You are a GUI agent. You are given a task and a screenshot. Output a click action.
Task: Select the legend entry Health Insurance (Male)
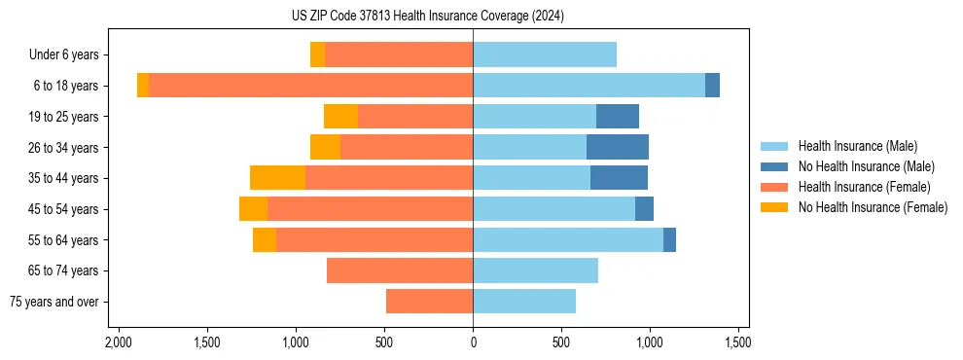point(857,146)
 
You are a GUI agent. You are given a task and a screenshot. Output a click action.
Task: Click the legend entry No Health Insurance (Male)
point(864,166)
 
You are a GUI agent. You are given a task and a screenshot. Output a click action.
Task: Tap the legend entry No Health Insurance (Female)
point(872,207)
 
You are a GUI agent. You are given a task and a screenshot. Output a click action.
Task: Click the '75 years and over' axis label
point(54,302)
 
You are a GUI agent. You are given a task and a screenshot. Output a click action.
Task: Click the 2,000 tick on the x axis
point(119,342)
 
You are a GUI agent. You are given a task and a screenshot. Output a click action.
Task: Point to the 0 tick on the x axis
point(473,342)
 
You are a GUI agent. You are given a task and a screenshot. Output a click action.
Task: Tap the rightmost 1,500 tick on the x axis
point(737,342)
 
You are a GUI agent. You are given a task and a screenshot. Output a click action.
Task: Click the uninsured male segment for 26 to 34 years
point(618,147)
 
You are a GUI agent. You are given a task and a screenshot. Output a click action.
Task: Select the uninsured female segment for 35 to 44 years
point(277,178)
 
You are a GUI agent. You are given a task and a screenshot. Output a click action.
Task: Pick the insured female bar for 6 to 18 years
point(311,86)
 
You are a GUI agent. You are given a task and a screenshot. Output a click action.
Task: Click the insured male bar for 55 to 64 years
point(568,239)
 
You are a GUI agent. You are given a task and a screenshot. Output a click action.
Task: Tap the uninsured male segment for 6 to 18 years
point(712,86)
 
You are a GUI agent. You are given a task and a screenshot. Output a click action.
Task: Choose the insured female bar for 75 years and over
point(429,302)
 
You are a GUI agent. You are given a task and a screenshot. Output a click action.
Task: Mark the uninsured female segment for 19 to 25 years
point(340,117)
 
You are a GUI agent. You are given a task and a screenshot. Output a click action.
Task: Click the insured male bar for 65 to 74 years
point(535,270)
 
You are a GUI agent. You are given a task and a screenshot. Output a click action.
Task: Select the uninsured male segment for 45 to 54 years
point(644,209)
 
